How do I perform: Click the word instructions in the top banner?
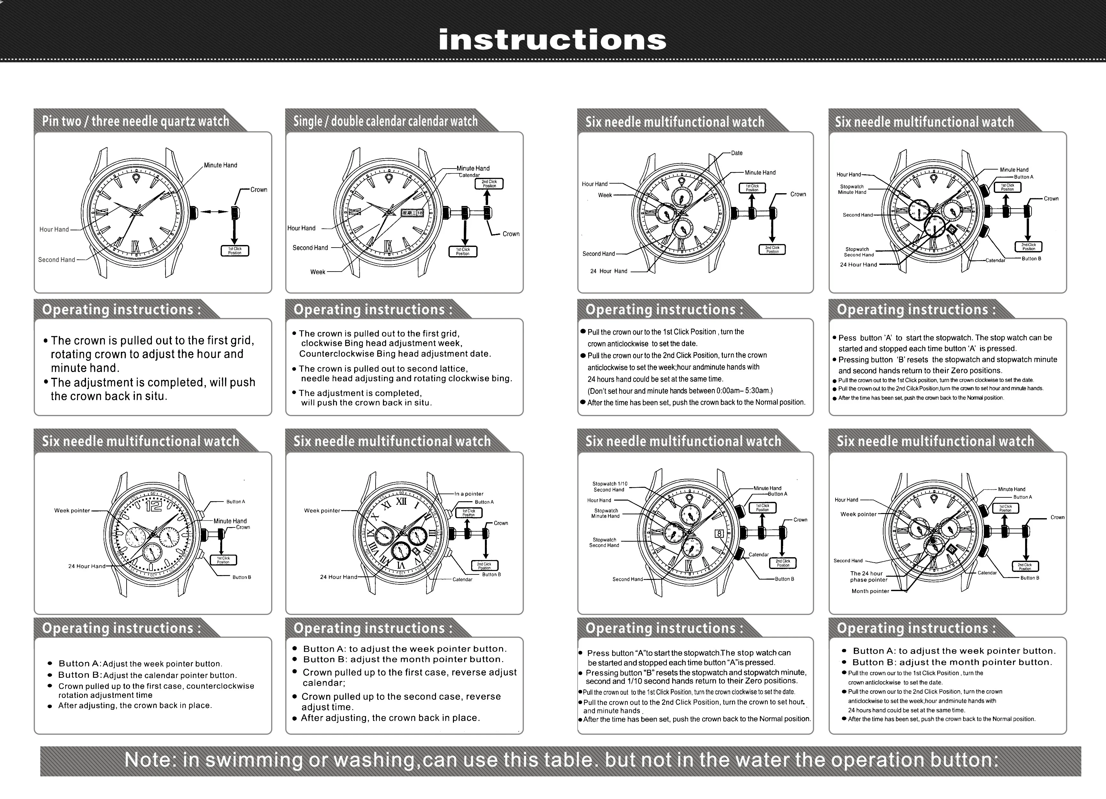coord(552,40)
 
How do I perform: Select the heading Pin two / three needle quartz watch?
coord(135,121)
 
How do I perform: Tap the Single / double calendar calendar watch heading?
coord(385,121)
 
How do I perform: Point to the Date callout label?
coord(736,153)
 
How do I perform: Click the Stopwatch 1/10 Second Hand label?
coord(610,487)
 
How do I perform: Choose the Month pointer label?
coord(870,591)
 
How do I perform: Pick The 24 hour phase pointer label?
coord(868,576)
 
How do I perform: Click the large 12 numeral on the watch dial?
coord(154,506)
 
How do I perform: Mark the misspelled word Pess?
coord(847,338)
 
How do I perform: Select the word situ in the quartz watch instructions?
coord(156,396)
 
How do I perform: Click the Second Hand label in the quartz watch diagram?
coord(57,260)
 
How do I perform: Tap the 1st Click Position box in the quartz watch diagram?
coord(235,251)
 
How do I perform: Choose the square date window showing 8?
coord(719,534)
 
